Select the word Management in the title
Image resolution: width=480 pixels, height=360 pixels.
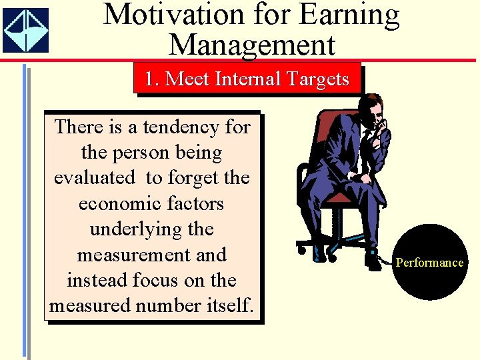pyautogui.click(x=251, y=45)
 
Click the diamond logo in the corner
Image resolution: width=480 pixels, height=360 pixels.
pyautogui.click(x=25, y=30)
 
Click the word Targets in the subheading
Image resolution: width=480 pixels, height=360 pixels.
pyautogui.click(x=316, y=79)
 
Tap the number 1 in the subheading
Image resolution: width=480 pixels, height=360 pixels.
pyautogui.click(x=149, y=79)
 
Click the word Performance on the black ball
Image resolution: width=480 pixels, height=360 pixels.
pyautogui.click(x=429, y=262)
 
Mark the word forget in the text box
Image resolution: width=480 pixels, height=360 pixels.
pyautogui.click(x=193, y=178)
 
